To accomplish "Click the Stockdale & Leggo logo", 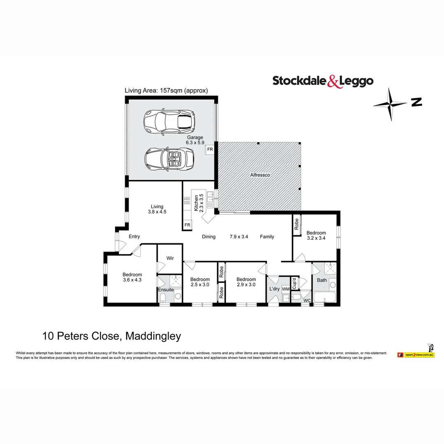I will (323, 81).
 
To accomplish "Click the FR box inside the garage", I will (210, 149).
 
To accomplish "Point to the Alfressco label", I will (260, 175).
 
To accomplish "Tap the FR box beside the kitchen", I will (187, 225).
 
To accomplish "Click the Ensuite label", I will (166, 290).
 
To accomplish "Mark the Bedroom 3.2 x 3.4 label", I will (316, 235).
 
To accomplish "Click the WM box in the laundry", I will (286, 289).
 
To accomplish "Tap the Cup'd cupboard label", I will (294, 283).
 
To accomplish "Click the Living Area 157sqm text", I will (166, 91).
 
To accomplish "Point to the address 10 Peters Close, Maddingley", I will (111, 336).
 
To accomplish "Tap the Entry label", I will (134, 236).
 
